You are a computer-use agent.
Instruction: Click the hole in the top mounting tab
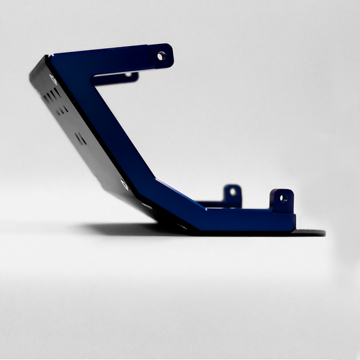[x=161, y=56]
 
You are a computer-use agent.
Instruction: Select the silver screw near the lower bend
[x=125, y=183]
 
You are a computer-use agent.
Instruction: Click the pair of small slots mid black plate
[x=80, y=138]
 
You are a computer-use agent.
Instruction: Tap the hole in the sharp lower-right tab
[x=283, y=199]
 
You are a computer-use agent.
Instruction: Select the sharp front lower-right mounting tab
[x=282, y=201]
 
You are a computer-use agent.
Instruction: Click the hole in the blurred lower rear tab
[x=232, y=191]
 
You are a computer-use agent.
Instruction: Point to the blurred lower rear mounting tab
[x=232, y=195]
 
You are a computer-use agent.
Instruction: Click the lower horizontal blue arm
[x=243, y=220]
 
